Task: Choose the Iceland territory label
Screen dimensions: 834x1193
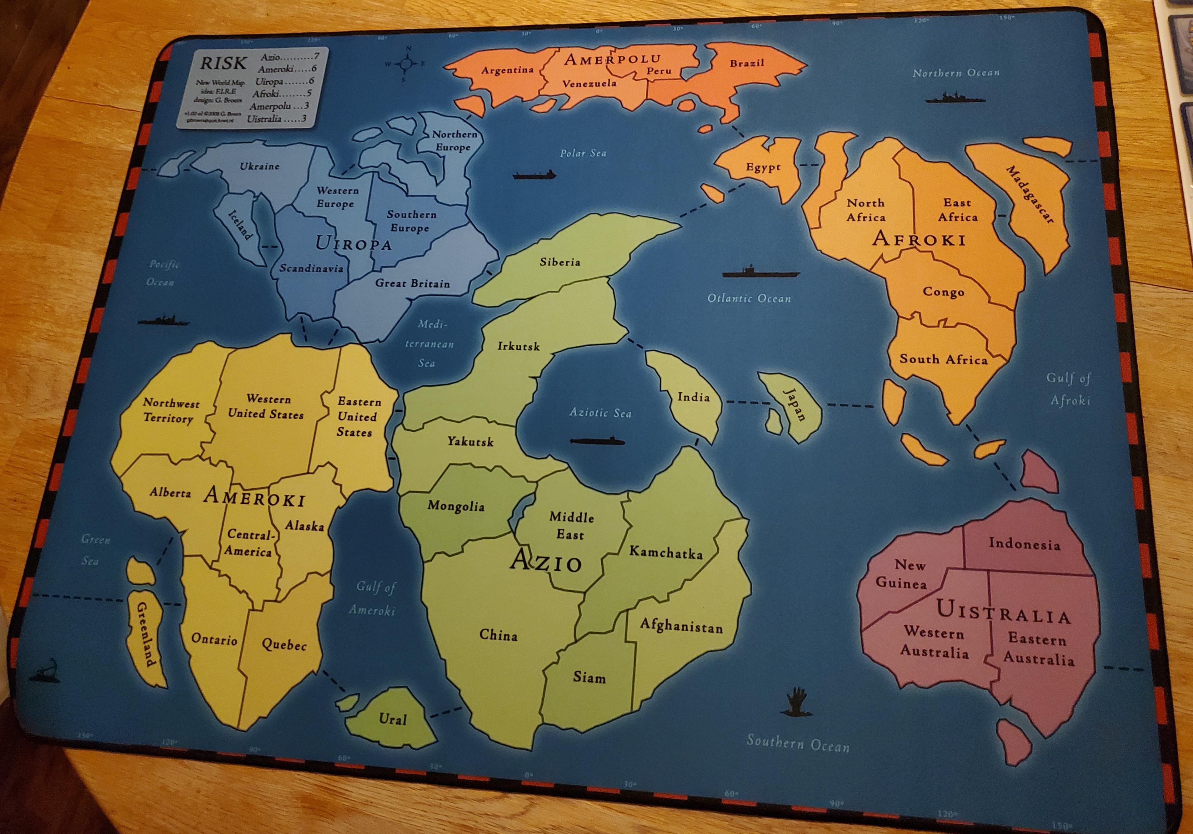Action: coord(240,225)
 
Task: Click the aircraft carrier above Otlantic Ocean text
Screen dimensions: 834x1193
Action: coord(760,272)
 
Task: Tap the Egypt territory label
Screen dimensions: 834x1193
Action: coord(763,167)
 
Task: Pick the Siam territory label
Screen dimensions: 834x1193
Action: coord(589,677)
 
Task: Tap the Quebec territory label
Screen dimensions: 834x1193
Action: coord(284,645)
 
